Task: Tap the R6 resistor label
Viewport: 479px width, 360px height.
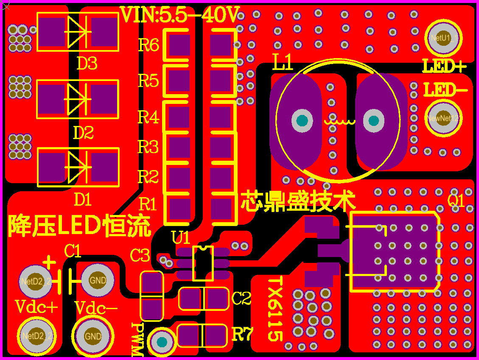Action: coord(148,45)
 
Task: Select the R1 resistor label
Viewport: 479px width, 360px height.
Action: coord(148,204)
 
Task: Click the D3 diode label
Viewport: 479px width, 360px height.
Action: coord(87,64)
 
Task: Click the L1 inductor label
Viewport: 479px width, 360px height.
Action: coord(283,64)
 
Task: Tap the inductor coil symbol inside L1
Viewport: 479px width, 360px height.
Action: coord(339,121)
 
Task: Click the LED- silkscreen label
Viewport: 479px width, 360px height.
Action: coord(445,90)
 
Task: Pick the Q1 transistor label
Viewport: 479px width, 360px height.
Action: coord(456,200)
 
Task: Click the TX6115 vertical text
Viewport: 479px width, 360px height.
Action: coord(275,309)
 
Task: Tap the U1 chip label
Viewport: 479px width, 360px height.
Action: coord(181,237)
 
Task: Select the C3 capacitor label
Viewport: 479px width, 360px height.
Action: coord(140,255)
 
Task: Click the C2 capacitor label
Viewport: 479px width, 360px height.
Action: coord(242,299)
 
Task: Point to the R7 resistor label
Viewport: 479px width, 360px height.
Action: coord(242,335)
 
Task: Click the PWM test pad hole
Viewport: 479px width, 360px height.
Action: coord(162,342)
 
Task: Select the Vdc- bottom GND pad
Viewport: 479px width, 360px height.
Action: coord(93,336)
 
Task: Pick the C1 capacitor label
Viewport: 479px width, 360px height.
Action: coord(73,251)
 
